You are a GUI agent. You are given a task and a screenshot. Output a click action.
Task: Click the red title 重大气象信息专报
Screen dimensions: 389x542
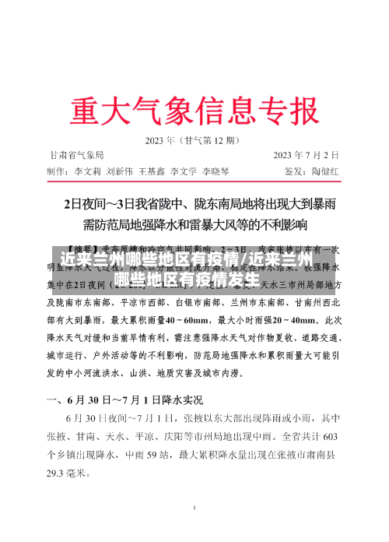194,109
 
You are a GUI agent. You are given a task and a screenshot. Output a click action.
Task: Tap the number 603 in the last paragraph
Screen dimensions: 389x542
331,436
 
